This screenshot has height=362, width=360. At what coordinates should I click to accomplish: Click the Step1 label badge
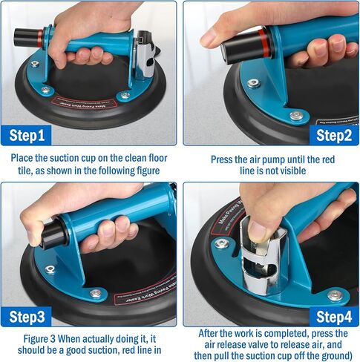coord(26,135)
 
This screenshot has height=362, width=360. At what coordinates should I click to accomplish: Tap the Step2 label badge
coord(334,135)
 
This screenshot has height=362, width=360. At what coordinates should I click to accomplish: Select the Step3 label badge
coord(26,317)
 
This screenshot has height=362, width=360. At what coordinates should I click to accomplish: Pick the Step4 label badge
coord(334,317)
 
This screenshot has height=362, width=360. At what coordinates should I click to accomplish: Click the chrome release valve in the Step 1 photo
coord(145,56)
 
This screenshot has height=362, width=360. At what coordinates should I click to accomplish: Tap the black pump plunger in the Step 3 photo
coord(53,234)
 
